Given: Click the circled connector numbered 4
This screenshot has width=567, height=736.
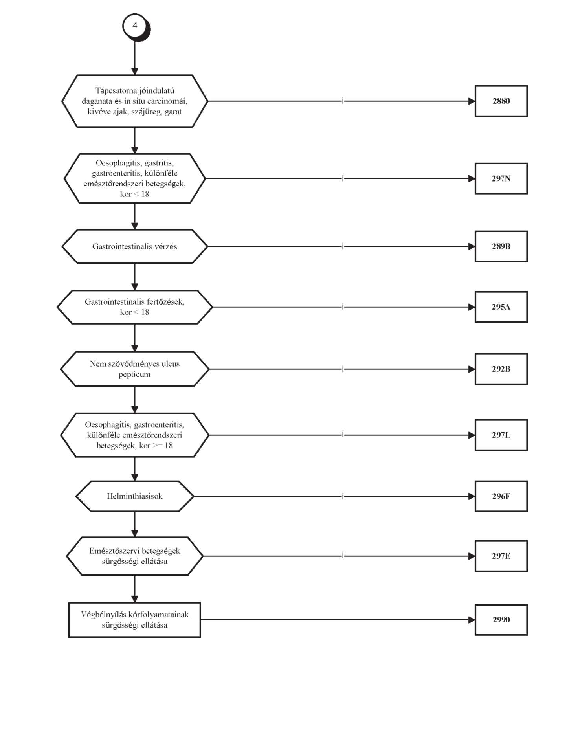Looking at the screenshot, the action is [136, 27].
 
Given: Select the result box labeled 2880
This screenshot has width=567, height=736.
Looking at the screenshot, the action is [501, 101].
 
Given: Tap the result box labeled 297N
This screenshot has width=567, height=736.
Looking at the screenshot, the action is [501, 178].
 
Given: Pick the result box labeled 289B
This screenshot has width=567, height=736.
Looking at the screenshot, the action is [501, 246].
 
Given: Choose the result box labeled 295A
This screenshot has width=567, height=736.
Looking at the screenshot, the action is [501, 307].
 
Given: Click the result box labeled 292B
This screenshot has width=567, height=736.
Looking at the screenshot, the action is [501, 369].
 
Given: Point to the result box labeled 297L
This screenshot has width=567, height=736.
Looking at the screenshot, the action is [501, 435].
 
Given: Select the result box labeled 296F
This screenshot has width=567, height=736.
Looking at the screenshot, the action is [501, 496].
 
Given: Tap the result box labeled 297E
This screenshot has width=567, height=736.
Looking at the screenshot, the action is [501, 556].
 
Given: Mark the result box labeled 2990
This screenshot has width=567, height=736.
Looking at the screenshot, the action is [501, 620].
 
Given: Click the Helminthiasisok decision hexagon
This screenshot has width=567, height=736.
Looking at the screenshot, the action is [135, 496].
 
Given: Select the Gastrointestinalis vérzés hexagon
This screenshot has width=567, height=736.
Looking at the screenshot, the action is [135, 246].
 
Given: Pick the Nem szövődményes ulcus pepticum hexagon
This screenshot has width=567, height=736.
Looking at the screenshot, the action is [135, 369].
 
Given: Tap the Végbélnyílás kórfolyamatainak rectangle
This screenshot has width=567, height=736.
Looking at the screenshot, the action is [135, 620].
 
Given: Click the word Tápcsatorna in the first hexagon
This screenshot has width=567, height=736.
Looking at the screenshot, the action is [111, 91].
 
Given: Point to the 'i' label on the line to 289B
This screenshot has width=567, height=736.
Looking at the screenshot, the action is [343, 246].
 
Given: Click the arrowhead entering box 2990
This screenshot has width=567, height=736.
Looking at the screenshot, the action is [472, 620].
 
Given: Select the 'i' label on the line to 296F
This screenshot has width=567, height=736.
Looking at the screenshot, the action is [343, 496].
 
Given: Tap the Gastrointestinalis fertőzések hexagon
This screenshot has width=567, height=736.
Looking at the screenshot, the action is [135, 307].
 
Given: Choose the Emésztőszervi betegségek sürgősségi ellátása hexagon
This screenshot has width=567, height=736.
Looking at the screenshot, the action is [135, 556].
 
